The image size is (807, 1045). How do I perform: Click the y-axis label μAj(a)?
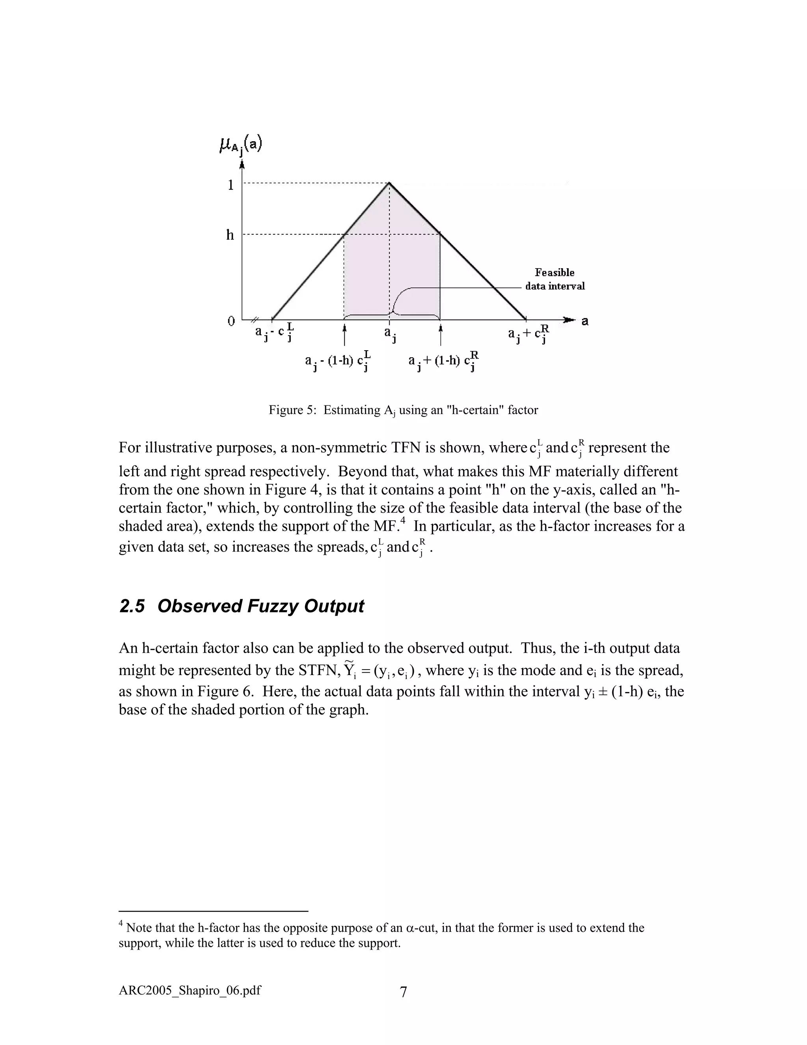point(240,145)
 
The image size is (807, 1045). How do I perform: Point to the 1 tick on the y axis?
point(231,185)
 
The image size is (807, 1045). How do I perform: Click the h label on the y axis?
point(231,235)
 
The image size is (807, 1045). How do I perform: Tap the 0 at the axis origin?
point(231,321)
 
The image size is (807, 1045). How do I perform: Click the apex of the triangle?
point(389,183)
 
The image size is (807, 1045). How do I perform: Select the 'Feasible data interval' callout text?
point(554,280)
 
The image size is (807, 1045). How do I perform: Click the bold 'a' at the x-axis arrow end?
point(585,321)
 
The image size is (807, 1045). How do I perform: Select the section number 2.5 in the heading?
point(132,606)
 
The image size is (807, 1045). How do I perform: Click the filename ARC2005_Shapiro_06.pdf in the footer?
point(190,990)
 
